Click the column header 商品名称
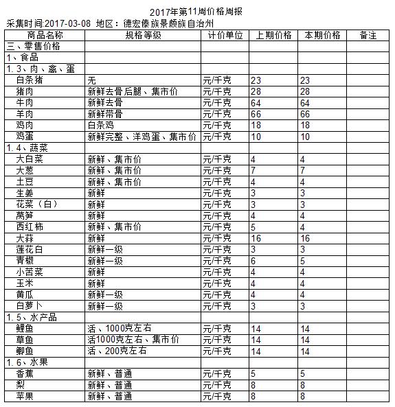click(x=45, y=35)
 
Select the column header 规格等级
click(x=143, y=35)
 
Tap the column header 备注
click(x=368, y=35)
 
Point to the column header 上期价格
click(x=273, y=35)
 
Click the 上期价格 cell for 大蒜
click(x=273, y=237)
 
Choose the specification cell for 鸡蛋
click(x=142, y=137)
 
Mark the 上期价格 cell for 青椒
click(x=273, y=260)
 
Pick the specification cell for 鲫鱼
click(x=117, y=351)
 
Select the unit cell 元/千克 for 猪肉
click(x=225, y=91)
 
